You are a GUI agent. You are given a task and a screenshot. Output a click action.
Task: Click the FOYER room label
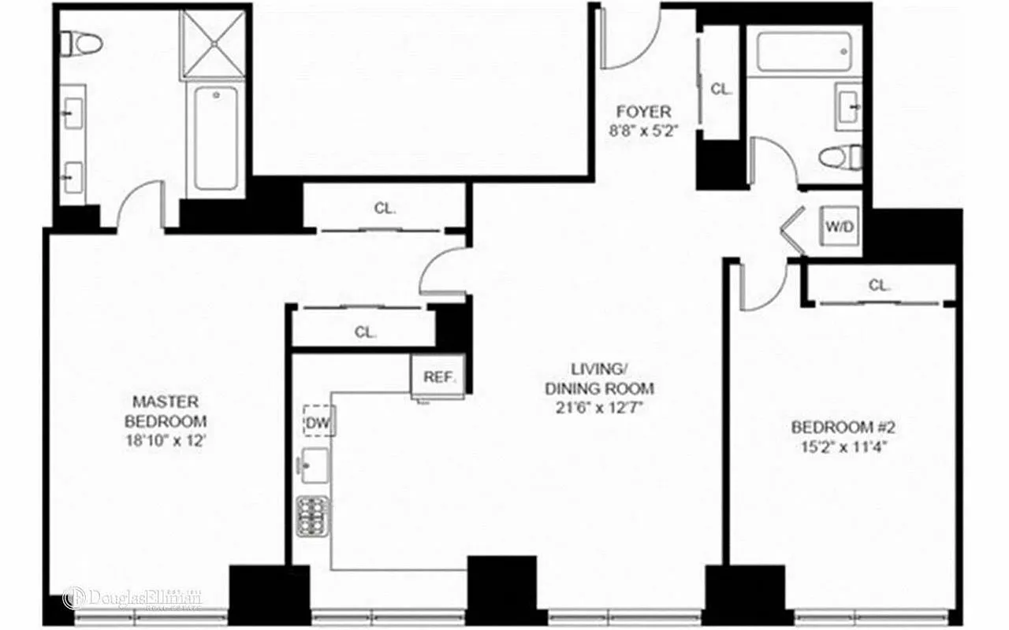tap(643, 112)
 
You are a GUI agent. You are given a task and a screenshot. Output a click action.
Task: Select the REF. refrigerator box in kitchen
tap(440, 376)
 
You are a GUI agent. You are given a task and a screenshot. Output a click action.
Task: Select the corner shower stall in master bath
tap(214, 43)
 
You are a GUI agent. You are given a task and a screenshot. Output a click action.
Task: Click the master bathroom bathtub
tap(215, 138)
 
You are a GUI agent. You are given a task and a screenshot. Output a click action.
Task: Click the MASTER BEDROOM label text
tap(165, 410)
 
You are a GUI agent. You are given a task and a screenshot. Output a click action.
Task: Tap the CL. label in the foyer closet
tap(721, 89)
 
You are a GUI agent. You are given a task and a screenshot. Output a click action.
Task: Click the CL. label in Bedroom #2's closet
tap(879, 285)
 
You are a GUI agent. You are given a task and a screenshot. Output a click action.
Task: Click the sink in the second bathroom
tap(848, 106)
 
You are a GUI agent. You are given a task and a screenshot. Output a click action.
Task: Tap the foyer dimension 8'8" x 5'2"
tap(643, 132)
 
